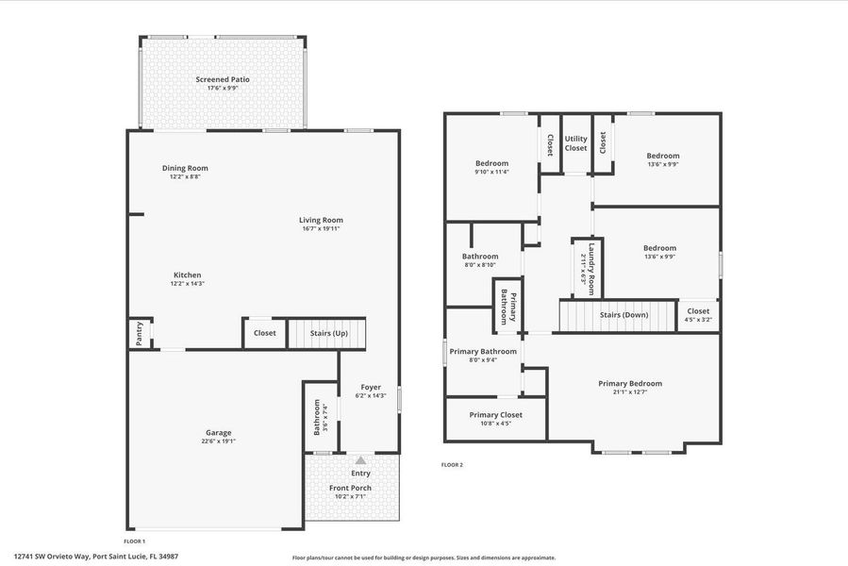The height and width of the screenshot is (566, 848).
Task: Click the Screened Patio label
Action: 223,79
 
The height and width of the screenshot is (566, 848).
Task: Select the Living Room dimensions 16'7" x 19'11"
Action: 321,228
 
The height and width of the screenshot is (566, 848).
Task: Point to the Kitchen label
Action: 187,275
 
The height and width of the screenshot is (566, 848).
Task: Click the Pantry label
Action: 140,334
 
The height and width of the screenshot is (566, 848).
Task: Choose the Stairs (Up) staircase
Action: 326,333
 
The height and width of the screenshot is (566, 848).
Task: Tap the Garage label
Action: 218,433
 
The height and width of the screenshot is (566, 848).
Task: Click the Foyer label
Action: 371,388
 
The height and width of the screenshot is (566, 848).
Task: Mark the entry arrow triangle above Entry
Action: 360,460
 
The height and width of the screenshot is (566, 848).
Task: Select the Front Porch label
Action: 350,488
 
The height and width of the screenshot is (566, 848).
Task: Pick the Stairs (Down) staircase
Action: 619,315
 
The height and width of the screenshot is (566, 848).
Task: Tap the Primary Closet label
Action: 495,414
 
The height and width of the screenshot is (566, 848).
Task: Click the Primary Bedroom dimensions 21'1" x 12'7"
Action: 630,392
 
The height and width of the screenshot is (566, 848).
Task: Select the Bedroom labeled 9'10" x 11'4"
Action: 491,163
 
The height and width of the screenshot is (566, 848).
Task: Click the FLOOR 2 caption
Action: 452,464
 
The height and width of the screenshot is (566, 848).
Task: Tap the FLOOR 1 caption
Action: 134,541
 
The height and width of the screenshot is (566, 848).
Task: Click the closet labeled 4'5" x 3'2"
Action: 698,311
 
